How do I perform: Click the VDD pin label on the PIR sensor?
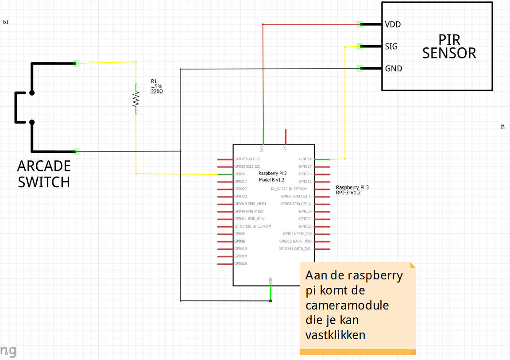coord(393,24)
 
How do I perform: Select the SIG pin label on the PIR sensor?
coord(391,46)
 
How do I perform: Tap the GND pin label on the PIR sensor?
coord(393,69)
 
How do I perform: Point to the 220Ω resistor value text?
coord(157,92)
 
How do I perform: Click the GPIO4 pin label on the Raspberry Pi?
coord(240,174)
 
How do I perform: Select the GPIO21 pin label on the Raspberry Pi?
coord(305,159)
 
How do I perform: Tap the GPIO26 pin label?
coord(241,263)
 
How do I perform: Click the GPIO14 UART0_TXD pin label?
coord(295,249)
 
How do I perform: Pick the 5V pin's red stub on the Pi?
coord(286,137)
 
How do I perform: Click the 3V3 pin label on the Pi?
coord(262,148)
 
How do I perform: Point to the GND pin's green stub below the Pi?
coord(270,293)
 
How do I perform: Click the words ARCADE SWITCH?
coord(44,174)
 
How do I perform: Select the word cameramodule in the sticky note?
coord(347,305)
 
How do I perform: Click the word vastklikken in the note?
coord(336,335)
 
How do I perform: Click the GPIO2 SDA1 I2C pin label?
coord(247,159)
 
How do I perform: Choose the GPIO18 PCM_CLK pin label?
coord(297,234)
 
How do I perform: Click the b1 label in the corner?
coord(6,22)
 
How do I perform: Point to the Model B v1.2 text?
coord(271,180)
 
